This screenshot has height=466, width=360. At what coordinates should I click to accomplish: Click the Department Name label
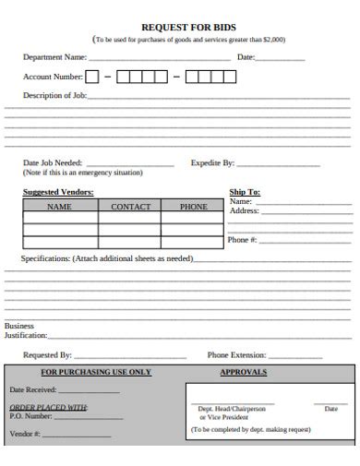(54, 57)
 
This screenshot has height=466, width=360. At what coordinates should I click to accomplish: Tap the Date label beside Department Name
(246, 57)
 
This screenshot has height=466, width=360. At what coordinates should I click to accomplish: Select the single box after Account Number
(92, 78)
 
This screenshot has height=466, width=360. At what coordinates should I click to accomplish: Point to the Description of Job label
(54, 96)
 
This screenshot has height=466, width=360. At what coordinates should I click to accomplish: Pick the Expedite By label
(212, 162)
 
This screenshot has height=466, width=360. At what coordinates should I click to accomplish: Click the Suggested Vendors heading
(58, 192)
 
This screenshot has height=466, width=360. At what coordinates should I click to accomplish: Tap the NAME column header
(59, 207)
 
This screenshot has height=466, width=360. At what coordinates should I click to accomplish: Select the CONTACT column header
(130, 207)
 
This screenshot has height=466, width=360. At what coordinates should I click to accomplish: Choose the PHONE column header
(193, 207)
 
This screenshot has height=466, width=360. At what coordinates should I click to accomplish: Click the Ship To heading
(245, 192)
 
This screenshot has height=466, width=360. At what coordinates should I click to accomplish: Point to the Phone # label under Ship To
(242, 240)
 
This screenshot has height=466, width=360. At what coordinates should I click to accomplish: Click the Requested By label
(47, 354)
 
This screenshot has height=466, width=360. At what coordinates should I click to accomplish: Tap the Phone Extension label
(237, 354)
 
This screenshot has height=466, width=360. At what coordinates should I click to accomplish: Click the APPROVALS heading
(244, 372)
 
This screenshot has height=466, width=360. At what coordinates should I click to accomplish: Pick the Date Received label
(33, 390)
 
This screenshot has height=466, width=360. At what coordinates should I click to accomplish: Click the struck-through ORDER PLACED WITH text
(48, 407)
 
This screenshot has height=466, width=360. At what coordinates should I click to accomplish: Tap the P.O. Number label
(31, 416)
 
